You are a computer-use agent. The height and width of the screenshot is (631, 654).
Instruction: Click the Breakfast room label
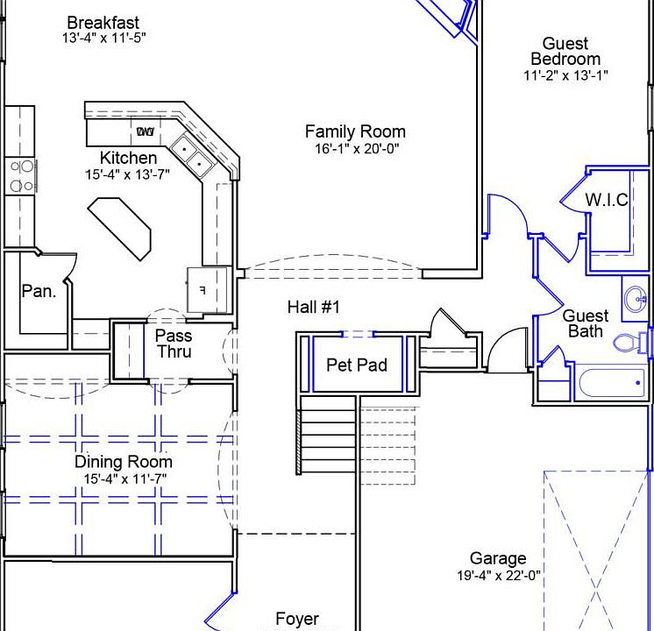pyautogui.click(x=103, y=23)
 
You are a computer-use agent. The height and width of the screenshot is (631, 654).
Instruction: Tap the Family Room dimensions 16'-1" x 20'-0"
pyautogui.click(x=357, y=148)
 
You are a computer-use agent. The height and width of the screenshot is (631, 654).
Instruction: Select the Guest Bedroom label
pyautogui.click(x=565, y=52)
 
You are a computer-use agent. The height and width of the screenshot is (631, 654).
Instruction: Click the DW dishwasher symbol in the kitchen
pyautogui.click(x=146, y=131)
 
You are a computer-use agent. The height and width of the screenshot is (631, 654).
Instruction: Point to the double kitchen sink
pyautogui.click(x=192, y=155)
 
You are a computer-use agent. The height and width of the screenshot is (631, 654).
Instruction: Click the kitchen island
pyautogui.click(x=119, y=229)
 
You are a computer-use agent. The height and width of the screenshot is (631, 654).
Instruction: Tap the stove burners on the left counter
pyautogui.click(x=21, y=176)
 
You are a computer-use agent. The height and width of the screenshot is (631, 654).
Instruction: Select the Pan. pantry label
pyautogui.click(x=39, y=291)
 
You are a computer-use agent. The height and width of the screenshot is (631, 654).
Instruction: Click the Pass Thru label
pyautogui.click(x=174, y=344)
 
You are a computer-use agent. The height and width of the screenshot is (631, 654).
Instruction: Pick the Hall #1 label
pyautogui.click(x=313, y=308)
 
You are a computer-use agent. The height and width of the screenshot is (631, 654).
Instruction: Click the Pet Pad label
pyautogui.click(x=357, y=365)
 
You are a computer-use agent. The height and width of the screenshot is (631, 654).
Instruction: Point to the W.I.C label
pyautogui.click(x=607, y=200)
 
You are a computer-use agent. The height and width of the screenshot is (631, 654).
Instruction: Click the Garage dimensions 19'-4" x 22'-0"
pyautogui.click(x=499, y=576)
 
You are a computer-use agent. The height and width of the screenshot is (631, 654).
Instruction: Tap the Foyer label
pyautogui.click(x=297, y=619)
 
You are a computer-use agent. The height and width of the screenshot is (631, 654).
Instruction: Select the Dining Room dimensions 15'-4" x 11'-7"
pyautogui.click(x=125, y=479)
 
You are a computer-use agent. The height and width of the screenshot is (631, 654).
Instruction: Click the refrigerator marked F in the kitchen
pyautogui.click(x=207, y=290)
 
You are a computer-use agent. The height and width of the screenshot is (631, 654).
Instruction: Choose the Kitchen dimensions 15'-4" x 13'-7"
pyautogui.click(x=127, y=174)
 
